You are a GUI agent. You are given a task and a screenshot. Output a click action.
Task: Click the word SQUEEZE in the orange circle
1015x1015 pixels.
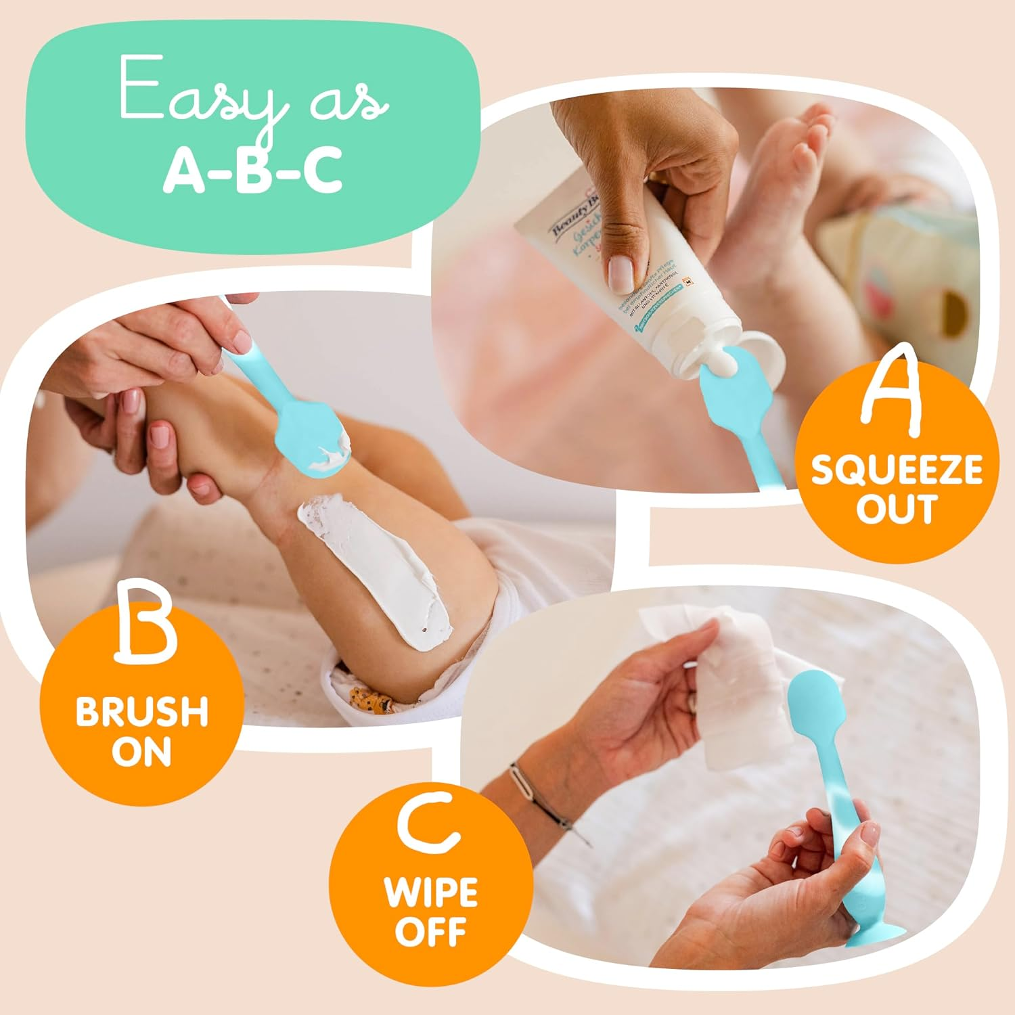point(897,470)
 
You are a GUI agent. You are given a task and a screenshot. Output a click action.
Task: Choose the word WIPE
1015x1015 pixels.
point(432,892)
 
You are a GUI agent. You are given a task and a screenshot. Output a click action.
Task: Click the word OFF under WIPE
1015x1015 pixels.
point(431,932)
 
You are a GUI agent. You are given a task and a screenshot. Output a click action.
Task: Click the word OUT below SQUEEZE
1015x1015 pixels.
point(897,508)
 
